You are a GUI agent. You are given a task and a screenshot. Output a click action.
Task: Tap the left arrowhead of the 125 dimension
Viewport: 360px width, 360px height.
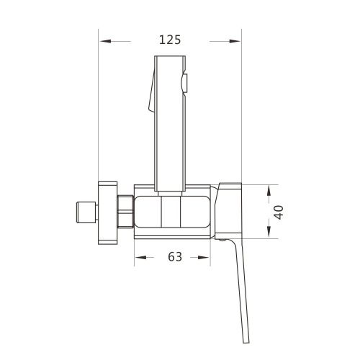coord(104,40)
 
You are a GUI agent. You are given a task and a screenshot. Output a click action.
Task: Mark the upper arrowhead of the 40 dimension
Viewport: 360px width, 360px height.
coord(269,189)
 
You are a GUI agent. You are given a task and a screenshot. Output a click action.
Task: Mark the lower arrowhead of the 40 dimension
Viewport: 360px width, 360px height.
coord(269,234)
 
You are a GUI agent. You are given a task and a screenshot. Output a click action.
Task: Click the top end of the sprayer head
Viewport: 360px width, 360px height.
coord(170,56)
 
